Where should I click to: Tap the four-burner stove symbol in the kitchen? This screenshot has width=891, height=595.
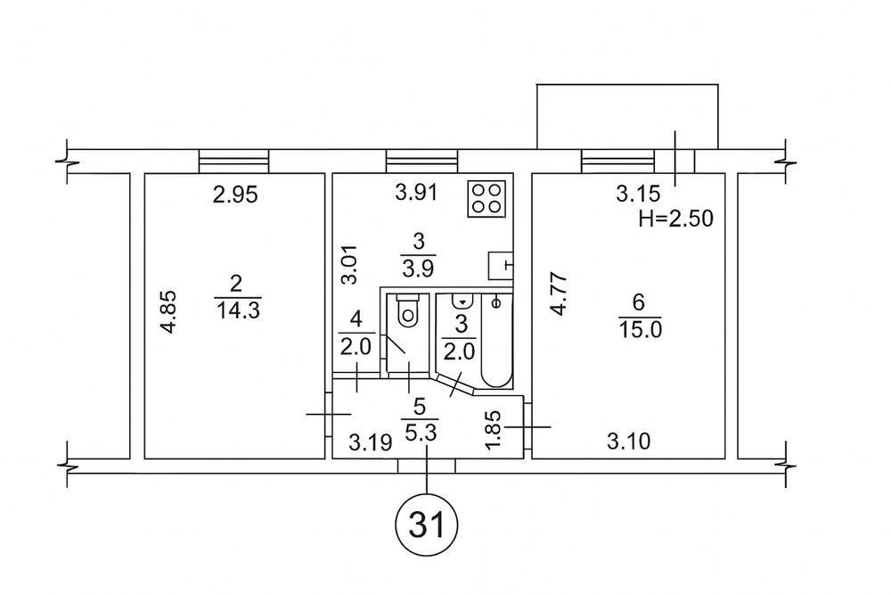tap(487, 198)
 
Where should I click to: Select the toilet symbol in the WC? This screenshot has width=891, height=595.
tap(409, 311)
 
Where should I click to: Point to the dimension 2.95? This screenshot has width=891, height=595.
tap(235, 195)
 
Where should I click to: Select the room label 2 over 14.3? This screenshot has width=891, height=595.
tap(236, 297)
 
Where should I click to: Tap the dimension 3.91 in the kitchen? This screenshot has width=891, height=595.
tap(416, 193)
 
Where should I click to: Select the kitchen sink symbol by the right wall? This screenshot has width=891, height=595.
tap(501, 264)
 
